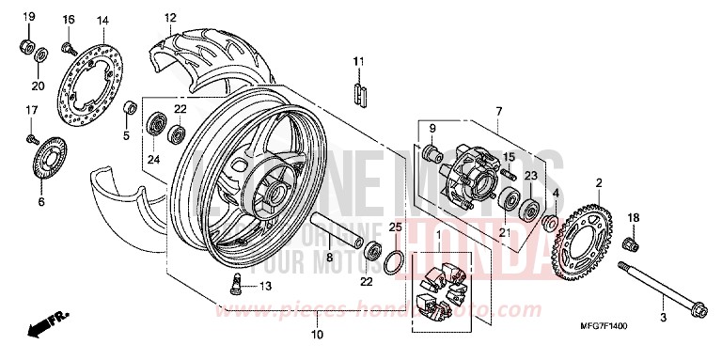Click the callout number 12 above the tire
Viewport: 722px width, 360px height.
tap(170, 18)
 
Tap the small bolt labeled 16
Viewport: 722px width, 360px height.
tap(68, 44)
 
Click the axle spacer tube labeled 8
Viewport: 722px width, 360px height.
tap(339, 231)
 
